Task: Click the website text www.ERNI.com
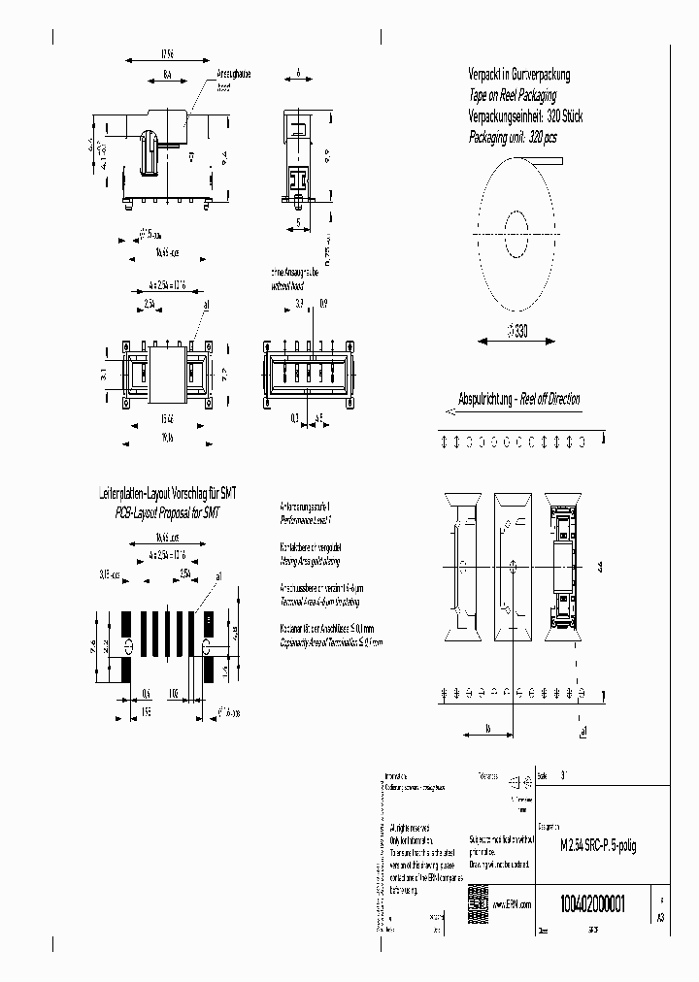514,903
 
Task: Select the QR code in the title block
478,899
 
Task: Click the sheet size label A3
661,916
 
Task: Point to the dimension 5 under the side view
297,222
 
